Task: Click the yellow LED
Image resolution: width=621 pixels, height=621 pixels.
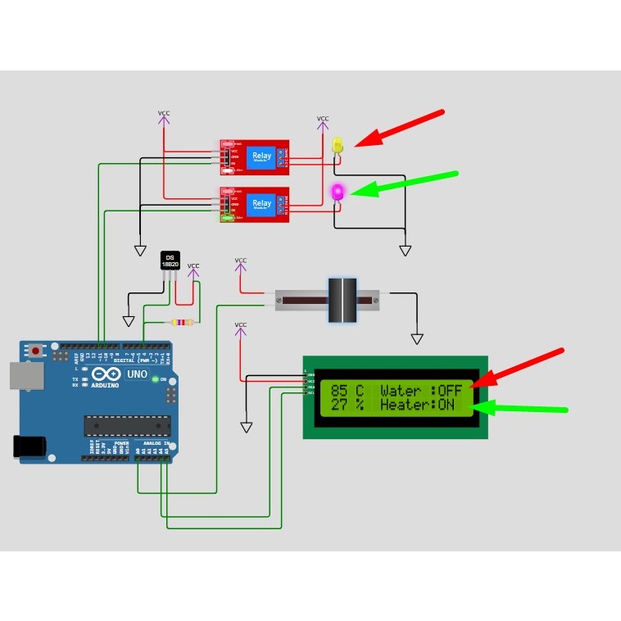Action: click(338, 145)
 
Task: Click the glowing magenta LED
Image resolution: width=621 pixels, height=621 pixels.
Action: click(337, 193)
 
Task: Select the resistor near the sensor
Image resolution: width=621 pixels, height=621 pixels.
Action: click(182, 322)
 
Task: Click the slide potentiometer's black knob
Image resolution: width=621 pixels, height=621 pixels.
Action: click(342, 300)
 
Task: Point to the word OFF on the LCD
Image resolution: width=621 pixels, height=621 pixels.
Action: click(450, 391)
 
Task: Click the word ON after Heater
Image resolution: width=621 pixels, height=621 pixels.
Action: click(446, 405)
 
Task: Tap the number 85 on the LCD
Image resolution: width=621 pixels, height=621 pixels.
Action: click(339, 391)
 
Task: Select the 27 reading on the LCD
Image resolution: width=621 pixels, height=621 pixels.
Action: click(339, 405)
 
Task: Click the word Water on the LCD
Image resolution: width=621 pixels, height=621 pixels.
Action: click(400, 391)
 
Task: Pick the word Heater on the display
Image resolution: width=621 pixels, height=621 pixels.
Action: click(405, 405)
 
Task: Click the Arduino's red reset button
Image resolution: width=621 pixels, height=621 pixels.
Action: click(37, 351)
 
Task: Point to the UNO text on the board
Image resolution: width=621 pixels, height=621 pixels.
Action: click(137, 374)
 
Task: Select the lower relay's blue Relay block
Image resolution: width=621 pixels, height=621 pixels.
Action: click(262, 203)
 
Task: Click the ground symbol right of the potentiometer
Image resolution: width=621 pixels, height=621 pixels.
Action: click(417, 338)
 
